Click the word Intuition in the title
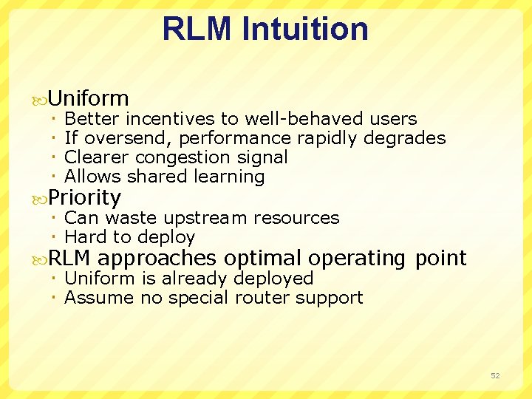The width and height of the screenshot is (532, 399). pyautogui.click(x=307, y=29)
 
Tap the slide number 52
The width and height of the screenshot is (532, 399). pyautogui.click(x=495, y=376)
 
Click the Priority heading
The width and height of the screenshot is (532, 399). pyautogui.click(x=84, y=198)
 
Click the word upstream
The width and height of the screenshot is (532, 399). pyautogui.click(x=205, y=218)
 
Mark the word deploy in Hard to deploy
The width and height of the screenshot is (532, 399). pyautogui.click(x=171, y=237)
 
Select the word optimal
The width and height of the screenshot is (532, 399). pyautogui.click(x=263, y=258)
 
